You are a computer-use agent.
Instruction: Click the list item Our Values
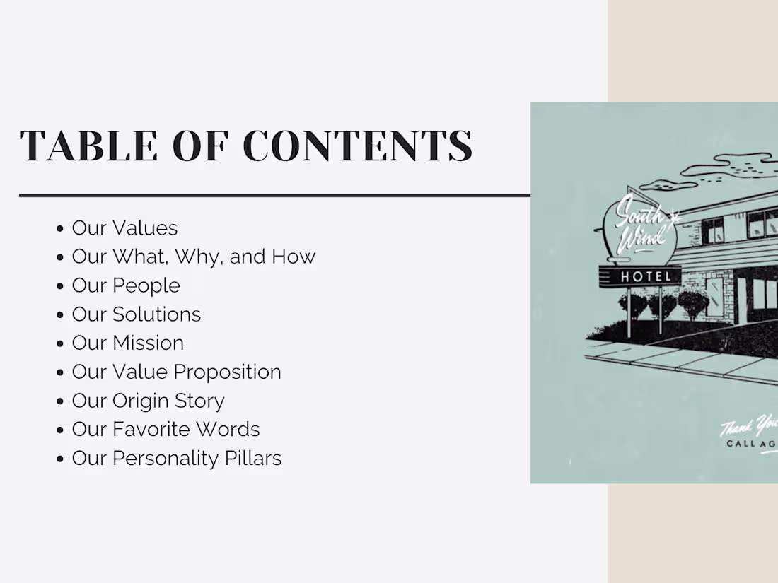(x=124, y=228)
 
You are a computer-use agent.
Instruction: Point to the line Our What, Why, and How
(x=193, y=257)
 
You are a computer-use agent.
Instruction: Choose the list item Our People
(x=126, y=285)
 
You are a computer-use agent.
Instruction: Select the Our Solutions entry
(x=137, y=314)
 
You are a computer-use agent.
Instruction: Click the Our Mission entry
(x=127, y=343)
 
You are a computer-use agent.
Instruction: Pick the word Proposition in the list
(x=227, y=372)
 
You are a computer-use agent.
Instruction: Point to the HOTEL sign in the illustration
(x=645, y=276)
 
